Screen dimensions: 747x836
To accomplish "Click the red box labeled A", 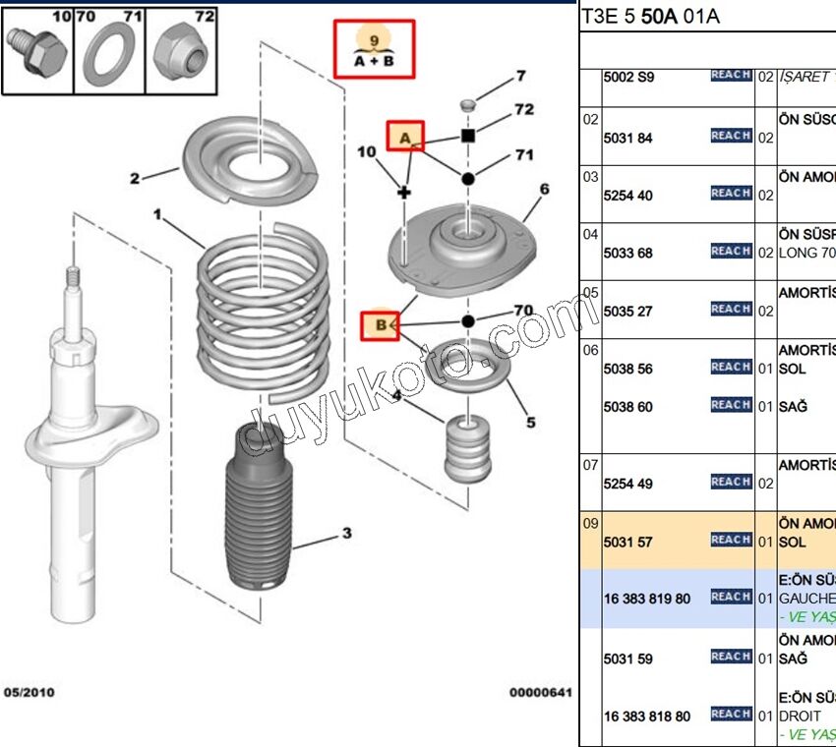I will pos(404,138).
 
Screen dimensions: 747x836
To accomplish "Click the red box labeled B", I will pos(380,323).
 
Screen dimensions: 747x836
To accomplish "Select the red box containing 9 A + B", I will pos(374,49).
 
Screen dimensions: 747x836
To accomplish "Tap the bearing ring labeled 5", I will pos(468,369).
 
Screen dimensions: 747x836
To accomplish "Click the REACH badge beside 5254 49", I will pos(731,482).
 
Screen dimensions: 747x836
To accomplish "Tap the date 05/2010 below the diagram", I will pos(30,692).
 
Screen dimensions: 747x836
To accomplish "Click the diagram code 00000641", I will pos(539,692).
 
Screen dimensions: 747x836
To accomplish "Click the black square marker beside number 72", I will pos(468,135).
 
